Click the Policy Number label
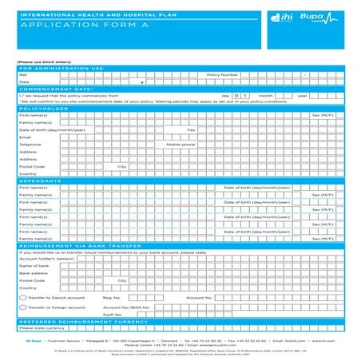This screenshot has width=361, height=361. tap(223, 75)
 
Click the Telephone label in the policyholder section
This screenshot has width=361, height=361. tap(31, 145)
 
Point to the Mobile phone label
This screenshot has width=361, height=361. tap(203, 145)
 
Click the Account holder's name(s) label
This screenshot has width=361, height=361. tap(46, 259)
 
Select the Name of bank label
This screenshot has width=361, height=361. tap(34, 266)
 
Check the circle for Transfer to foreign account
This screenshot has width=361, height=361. tap(22, 307)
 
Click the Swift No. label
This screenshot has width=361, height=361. tap(113, 315)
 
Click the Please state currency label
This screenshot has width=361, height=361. tap(42, 328)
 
